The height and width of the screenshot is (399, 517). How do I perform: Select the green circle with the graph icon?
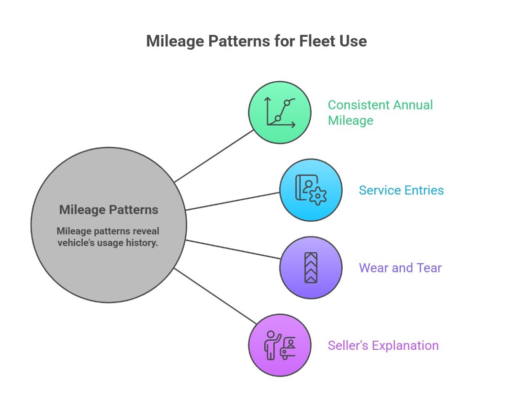coord(280,112)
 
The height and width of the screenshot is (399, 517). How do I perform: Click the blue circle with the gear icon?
coord(311,190)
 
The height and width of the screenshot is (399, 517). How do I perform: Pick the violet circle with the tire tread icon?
coord(311,268)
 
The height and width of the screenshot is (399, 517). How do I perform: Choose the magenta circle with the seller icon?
coord(280,345)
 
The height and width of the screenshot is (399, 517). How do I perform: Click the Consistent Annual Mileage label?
coord(380,112)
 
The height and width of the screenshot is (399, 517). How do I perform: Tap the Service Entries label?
coord(401,190)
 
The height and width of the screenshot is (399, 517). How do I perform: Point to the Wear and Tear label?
coord(400,268)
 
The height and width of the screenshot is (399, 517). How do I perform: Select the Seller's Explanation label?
coord(383,345)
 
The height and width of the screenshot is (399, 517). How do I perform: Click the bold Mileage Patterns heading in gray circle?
coord(109,209)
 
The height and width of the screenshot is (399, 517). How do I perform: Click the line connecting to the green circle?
coord(214,156)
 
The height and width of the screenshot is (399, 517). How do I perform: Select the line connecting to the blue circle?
coord(233,201)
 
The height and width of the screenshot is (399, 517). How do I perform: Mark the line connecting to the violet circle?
coord(233,249)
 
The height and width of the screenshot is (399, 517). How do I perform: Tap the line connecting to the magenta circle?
coord(214,295)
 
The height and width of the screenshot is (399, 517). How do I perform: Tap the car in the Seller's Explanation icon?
coord(288,350)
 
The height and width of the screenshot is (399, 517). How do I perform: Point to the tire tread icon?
coord(311,268)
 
